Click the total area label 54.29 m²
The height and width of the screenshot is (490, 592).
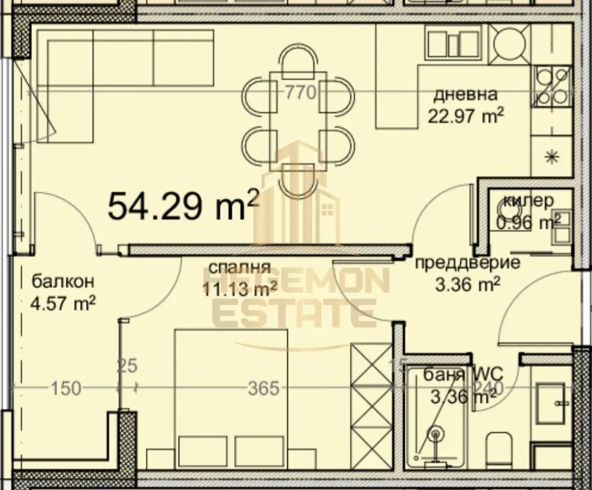pos(183,205)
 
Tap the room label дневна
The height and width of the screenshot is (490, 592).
pos(465,94)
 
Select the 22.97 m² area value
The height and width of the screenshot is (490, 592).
pos(465,116)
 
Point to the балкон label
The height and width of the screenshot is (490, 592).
pos(62,282)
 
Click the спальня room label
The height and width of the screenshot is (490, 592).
pos(239,268)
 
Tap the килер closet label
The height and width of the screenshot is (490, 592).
pos(528,201)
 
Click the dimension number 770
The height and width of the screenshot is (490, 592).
pos(300,92)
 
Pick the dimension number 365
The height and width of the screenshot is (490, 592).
pos(264,388)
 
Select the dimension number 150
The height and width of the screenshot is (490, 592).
pos(66,388)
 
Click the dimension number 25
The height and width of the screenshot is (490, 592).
pos(127,366)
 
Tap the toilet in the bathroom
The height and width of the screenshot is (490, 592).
pos(498,449)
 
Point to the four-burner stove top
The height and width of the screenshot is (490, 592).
pos(552,86)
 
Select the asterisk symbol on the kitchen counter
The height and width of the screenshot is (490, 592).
pos(552,157)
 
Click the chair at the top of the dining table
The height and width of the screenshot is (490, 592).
pos(299,58)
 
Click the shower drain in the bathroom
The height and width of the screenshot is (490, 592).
pos(435,433)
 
